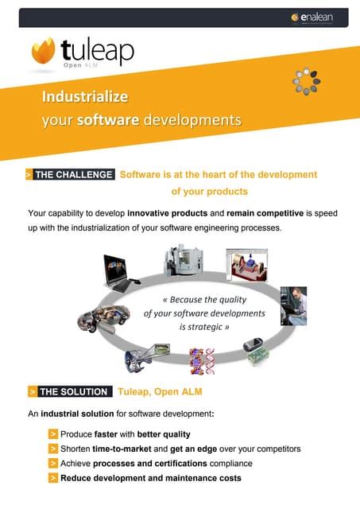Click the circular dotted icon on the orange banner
[x=306, y=82]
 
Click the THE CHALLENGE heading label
[x=75, y=175]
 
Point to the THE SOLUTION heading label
[x=72, y=391]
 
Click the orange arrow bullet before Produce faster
[x=52, y=434]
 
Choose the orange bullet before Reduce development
[x=52, y=478]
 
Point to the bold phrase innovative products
[x=167, y=214]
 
